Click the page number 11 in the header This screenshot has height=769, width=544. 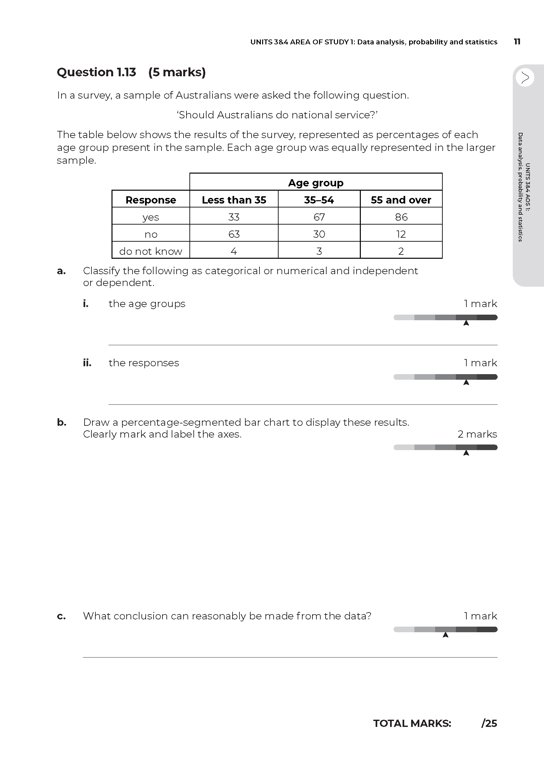pos(517,42)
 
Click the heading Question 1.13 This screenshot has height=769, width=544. pos(96,72)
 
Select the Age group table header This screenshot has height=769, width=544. pos(315,183)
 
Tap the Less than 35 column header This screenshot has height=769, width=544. pos(234,200)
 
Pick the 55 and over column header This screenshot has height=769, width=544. pos(401,200)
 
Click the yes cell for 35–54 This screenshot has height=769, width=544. pos(319,217)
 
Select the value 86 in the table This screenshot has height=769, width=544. pos(401,217)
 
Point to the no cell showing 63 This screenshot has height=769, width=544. pos(234,234)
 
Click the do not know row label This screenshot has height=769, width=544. pos(151,251)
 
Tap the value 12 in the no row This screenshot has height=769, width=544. pos(401,234)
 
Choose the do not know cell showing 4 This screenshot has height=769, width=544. pos(234,251)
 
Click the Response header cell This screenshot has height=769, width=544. pos(151,200)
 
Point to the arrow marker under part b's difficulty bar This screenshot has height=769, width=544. pos(466,453)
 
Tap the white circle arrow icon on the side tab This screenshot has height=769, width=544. pos(525,78)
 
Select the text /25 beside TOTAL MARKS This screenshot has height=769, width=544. pos(489,723)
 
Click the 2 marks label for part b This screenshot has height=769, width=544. pos(477,434)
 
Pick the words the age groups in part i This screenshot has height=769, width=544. pos(147,304)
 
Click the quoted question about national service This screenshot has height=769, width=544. pos(277,115)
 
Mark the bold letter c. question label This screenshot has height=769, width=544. pos(61,616)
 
